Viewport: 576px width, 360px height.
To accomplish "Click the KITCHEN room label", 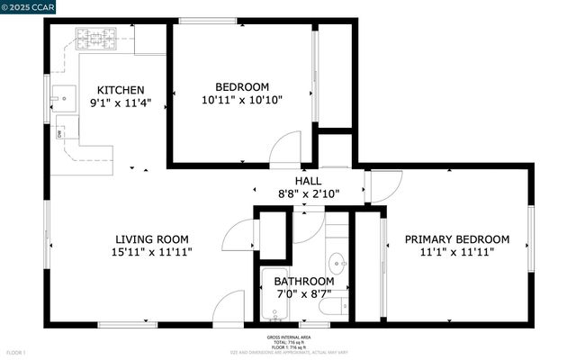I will click(121, 90).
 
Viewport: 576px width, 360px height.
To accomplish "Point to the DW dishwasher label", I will click(59, 134).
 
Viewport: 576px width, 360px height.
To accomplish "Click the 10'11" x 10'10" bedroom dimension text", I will click(242, 101).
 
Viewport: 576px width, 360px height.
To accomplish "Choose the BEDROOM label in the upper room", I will click(242, 87).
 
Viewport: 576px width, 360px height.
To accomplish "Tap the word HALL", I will click(309, 180).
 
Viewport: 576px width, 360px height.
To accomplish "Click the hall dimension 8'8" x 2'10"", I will click(309, 193).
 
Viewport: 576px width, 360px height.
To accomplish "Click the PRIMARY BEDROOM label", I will click(456, 239).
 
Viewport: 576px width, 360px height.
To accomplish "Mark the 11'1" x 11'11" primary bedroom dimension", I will click(456, 253).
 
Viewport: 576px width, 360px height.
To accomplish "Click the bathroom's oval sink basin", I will click(337, 265).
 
